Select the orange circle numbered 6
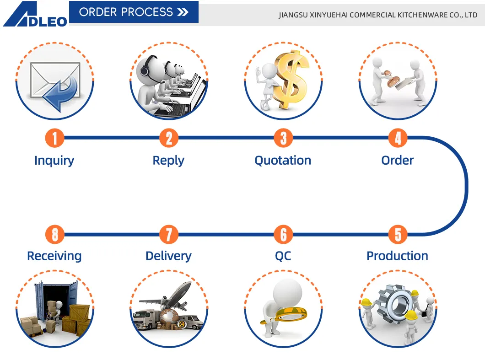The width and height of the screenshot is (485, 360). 283,235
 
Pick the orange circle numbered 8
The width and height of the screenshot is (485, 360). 54,235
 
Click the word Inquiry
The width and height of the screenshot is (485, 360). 54,161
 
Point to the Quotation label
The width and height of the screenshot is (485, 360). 283,161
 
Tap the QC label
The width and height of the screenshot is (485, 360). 283,256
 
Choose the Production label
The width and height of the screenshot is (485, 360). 397,256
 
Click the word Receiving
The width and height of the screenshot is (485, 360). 54,256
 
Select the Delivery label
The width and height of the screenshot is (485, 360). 168,256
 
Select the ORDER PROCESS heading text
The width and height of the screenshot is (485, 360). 126,12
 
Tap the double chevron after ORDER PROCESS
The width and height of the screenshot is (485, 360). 183,12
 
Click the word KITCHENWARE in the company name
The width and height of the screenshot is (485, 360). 419,15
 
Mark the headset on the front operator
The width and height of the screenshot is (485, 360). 145,70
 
